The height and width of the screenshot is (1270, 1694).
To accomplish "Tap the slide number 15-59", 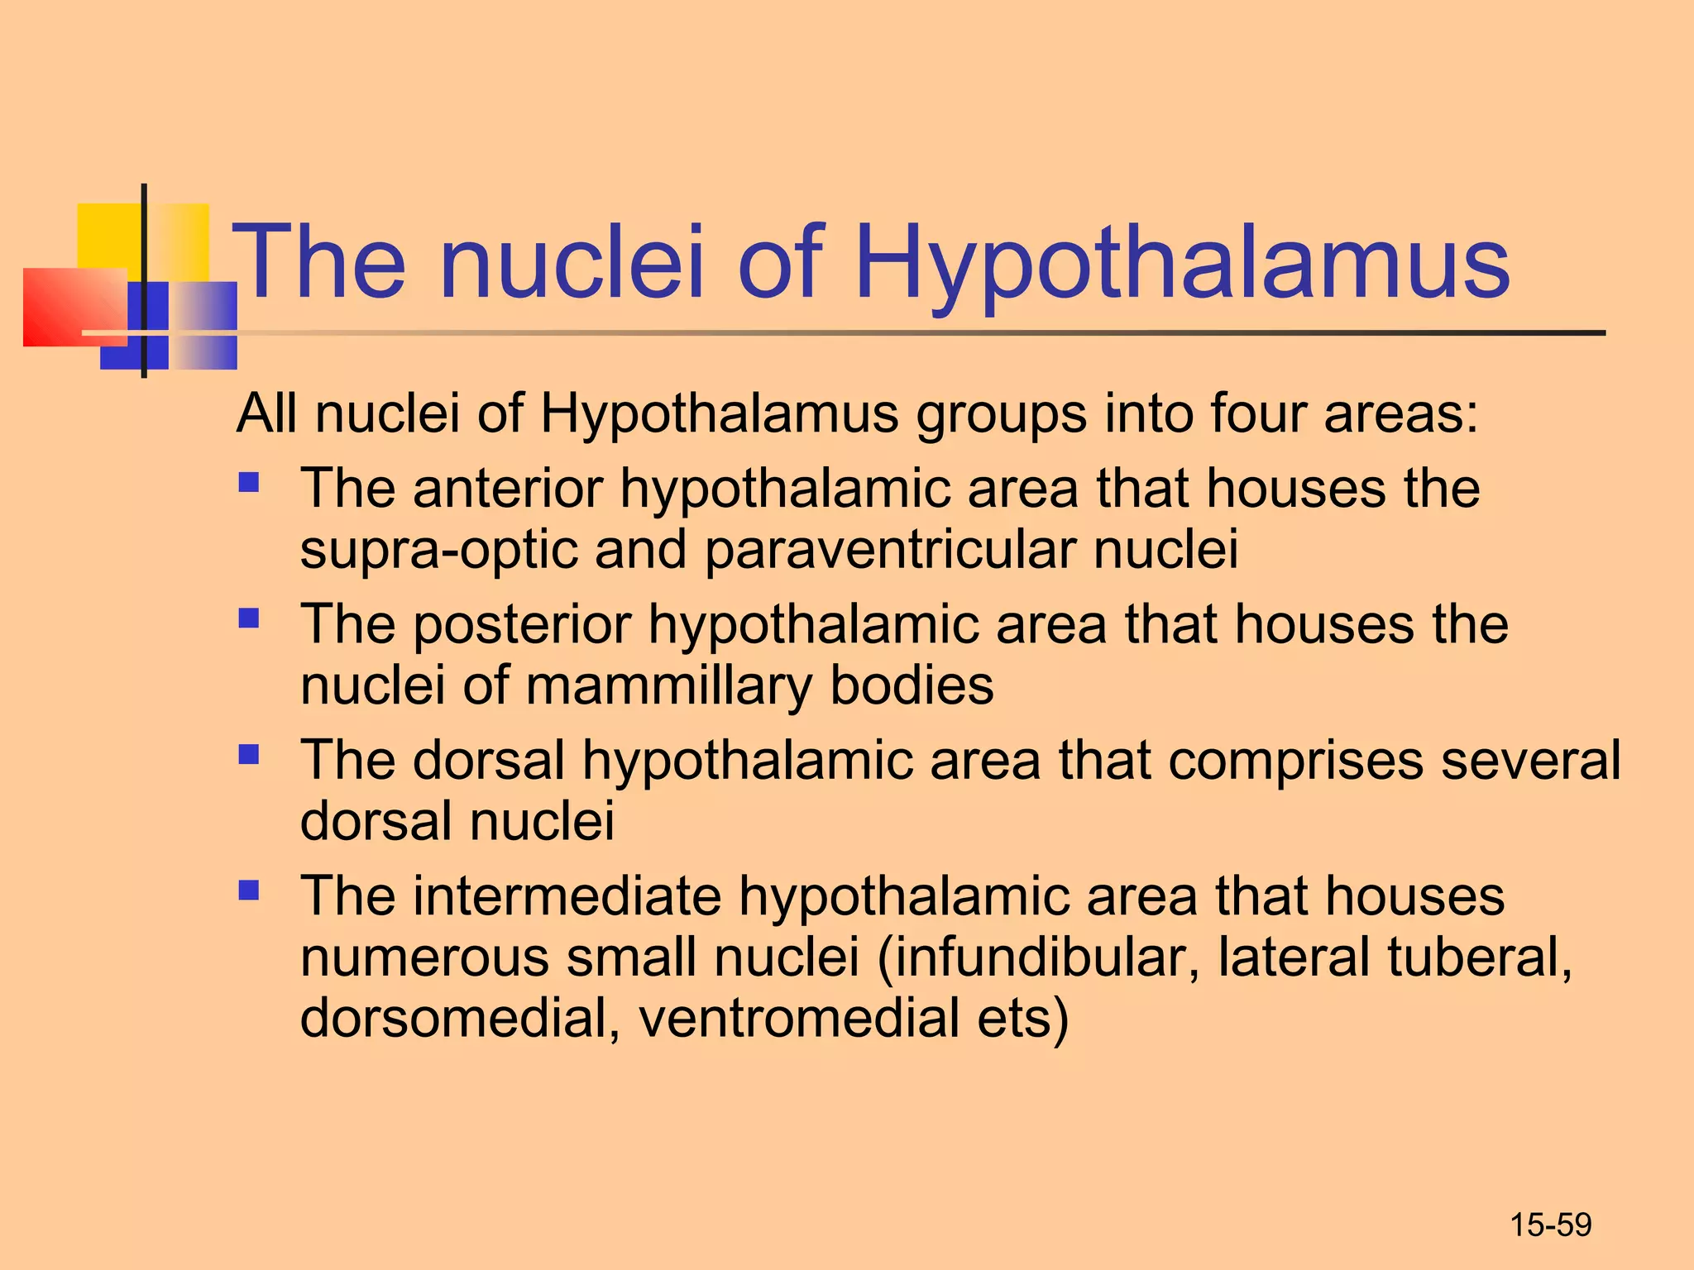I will (1550, 1225).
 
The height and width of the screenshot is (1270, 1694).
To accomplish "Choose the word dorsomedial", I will (460, 1018).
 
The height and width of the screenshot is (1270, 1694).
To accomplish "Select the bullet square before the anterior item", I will (249, 482).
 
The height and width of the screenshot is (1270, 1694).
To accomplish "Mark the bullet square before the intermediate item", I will (249, 890).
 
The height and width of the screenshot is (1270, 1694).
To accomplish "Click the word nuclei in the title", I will (571, 263).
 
